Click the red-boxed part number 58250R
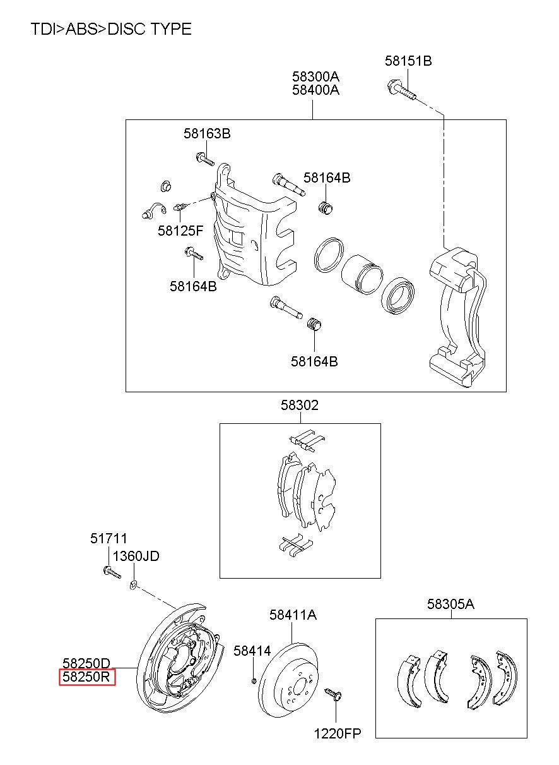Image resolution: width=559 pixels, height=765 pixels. [87, 677]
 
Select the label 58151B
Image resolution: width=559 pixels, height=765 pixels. [408, 61]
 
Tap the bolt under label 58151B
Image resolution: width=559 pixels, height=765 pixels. [401, 89]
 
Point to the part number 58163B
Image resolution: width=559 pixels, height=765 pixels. [207, 133]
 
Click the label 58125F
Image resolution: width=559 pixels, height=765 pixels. [180, 231]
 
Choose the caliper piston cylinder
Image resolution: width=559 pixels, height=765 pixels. [362, 274]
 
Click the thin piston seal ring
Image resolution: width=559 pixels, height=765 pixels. [329, 255]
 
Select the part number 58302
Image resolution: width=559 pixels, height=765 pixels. [300, 405]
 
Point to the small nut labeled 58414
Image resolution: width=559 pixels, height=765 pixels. [254, 681]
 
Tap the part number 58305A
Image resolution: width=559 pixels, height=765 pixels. [450, 604]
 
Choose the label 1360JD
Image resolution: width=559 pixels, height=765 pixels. [136, 557]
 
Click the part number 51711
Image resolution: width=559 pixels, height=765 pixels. [109, 539]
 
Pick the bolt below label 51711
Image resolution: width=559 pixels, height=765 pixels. [112, 572]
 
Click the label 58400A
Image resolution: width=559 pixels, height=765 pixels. [316, 90]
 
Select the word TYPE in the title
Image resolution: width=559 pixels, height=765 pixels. [171, 28]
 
